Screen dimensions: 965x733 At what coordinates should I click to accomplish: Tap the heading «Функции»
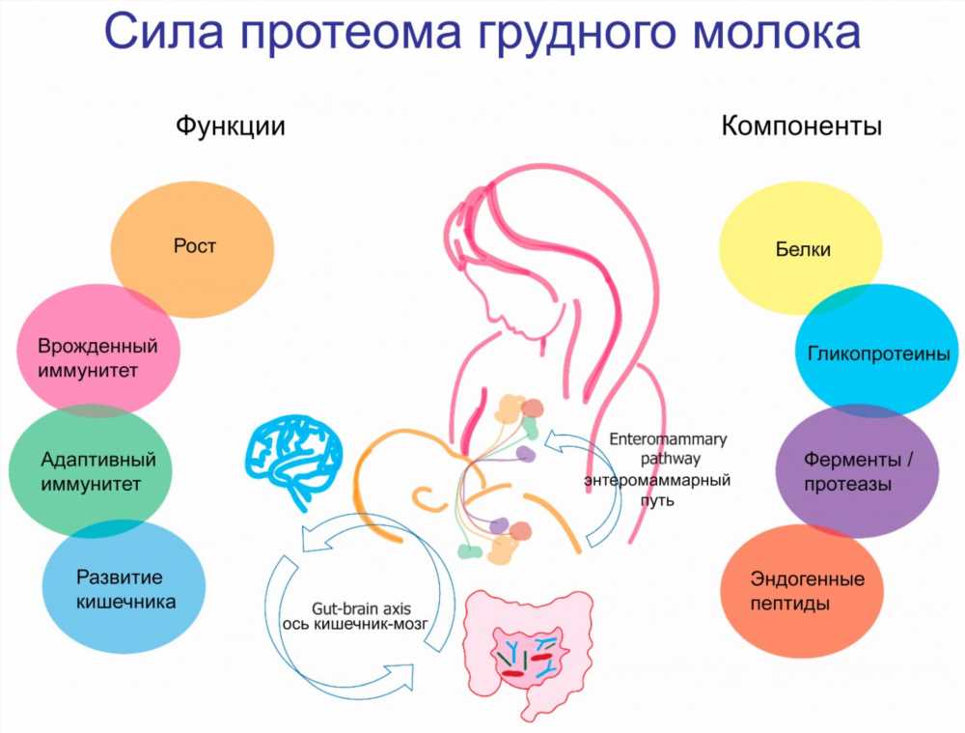[x=231, y=127]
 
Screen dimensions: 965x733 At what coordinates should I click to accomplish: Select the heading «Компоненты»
[x=801, y=126]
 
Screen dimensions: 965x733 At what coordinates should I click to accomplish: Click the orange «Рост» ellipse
[x=192, y=249]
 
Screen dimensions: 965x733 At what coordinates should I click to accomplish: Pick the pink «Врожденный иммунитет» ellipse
[x=97, y=350]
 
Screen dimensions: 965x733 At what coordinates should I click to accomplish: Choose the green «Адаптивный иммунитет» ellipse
[x=91, y=471]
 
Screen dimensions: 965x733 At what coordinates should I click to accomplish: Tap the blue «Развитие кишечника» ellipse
[x=124, y=587]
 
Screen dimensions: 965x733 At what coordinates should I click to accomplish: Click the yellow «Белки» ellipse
[x=801, y=247]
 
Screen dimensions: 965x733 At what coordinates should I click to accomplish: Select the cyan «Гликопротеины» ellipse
[x=877, y=351]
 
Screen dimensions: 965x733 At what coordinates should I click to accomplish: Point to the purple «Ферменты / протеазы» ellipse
[x=857, y=471]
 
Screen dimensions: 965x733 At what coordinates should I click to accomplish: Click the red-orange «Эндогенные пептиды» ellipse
[x=802, y=591]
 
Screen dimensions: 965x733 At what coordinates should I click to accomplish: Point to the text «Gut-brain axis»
[x=361, y=608]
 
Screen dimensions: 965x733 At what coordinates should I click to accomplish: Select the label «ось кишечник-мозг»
[x=355, y=624]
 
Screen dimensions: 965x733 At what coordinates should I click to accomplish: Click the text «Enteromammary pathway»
[x=669, y=449]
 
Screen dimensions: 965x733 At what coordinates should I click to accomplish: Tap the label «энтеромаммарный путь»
[x=657, y=490]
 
